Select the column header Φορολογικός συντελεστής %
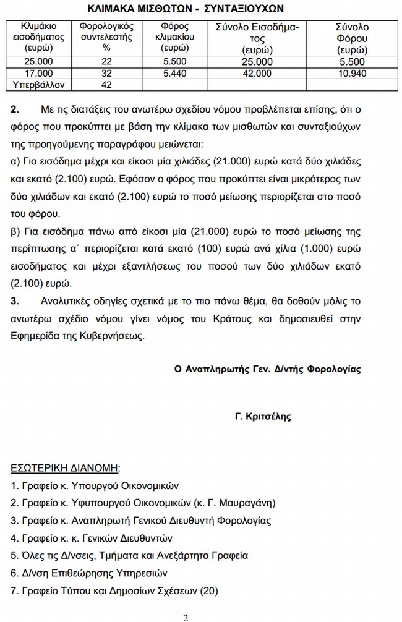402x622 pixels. tap(106, 37)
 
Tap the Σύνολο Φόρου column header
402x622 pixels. tap(352, 37)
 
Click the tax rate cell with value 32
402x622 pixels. tap(106, 73)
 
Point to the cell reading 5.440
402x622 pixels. tap(174, 73)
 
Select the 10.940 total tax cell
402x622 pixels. tap(352, 73)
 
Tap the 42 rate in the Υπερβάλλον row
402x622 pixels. tap(106, 84)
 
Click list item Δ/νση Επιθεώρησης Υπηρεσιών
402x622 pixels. tap(89, 573)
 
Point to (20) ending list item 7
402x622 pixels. tap(209, 591)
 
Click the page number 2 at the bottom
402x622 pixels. tap(186, 617)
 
